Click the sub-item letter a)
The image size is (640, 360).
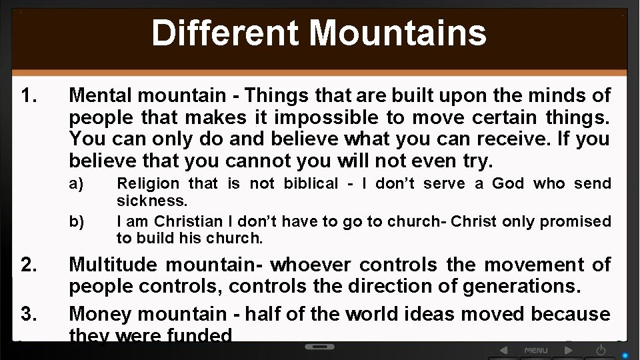tap(77, 183)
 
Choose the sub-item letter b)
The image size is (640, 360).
tap(77, 221)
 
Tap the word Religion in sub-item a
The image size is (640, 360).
tap(148, 183)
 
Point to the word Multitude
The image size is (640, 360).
tap(114, 265)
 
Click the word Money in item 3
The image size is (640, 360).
tap(98, 314)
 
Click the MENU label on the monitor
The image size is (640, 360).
tap(536, 350)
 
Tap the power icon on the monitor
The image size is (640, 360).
tap(601, 350)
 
